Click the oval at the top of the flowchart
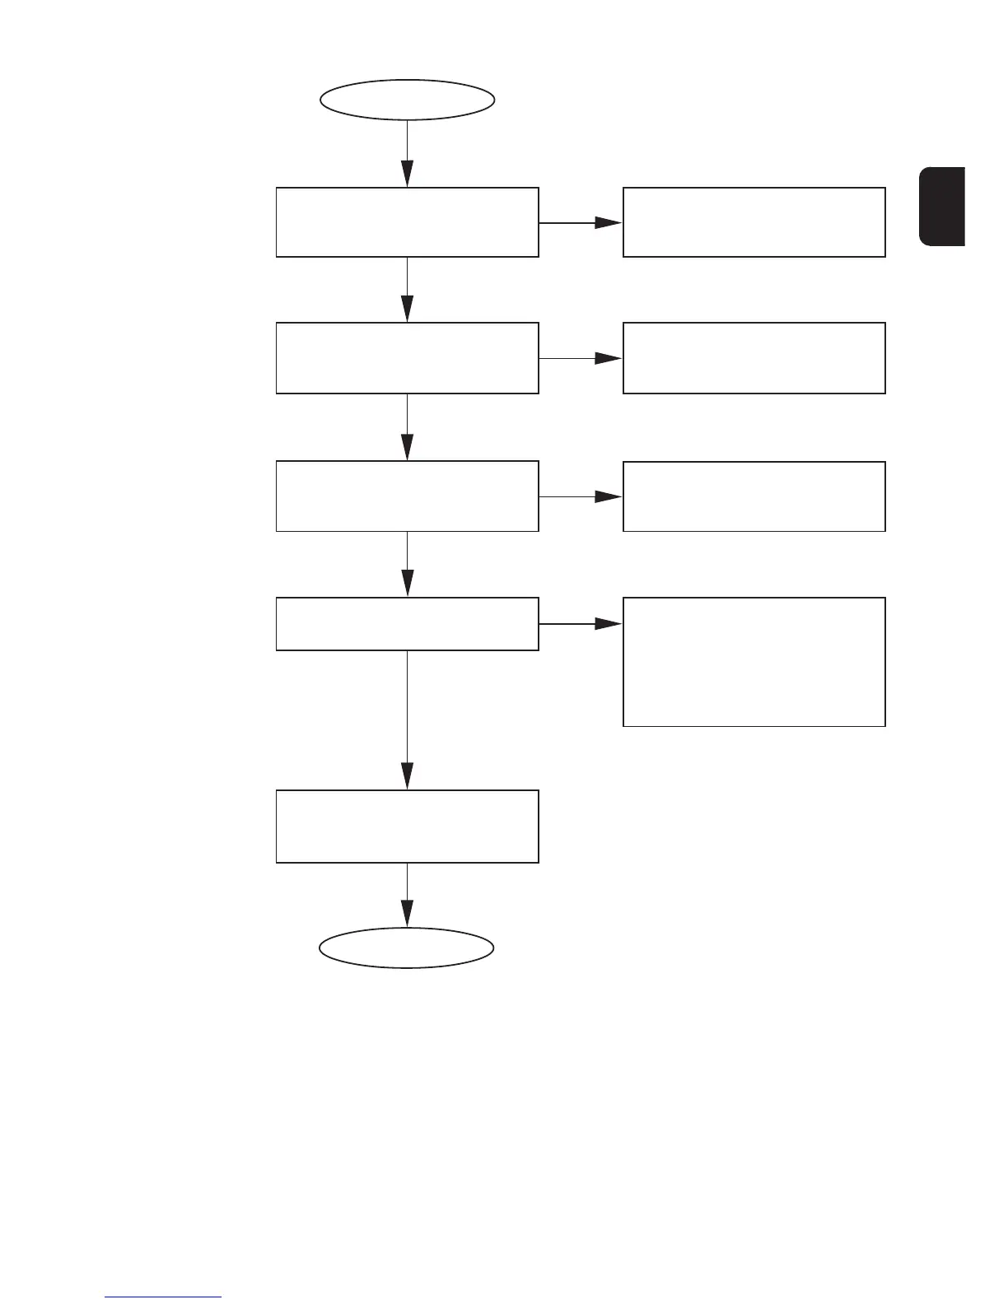(x=407, y=100)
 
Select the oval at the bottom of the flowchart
(x=407, y=948)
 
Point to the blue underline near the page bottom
(x=163, y=1297)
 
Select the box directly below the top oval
(x=407, y=222)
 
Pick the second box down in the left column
(x=407, y=358)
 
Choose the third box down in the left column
(x=407, y=496)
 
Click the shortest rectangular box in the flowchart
(x=407, y=624)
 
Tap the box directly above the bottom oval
(x=407, y=827)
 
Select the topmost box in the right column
(x=754, y=222)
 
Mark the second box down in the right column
(x=754, y=358)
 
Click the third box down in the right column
(x=754, y=496)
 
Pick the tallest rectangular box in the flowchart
(x=754, y=662)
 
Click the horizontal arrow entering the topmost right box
(x=581, y=222)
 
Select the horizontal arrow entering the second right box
(x=581, y=358)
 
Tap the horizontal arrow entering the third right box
(x=581, y=496)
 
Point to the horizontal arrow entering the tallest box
(x=581, y=624)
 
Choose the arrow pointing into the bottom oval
(x=407, y=896)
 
